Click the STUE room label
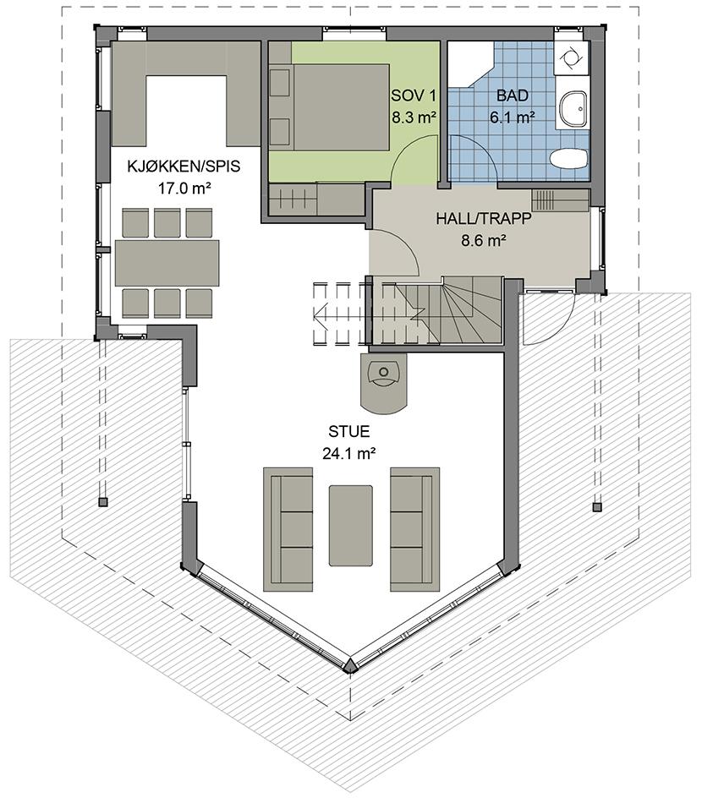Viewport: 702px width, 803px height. tap(349, 432)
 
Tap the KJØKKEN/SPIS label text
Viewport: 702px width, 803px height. tap(184, 166)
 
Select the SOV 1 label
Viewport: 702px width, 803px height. tap(414, 96)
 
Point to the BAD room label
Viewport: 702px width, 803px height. tap(513, 96)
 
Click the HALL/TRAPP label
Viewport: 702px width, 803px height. tap(484, 219)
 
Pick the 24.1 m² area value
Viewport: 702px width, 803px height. tap(350, 454)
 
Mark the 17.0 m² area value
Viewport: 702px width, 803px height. tap(184, 188)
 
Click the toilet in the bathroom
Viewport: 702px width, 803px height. tap(568, 158)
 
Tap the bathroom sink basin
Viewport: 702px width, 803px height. tap(573, 109)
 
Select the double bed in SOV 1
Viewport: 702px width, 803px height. tap(329, 107)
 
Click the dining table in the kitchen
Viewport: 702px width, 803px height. tap(167, 263)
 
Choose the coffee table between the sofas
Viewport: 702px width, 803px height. tap(351, 526)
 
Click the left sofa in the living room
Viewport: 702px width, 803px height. tap(288, 529)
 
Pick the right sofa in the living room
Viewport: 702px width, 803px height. tap(415, 529)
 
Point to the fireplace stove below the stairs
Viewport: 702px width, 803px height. tap(383, 381)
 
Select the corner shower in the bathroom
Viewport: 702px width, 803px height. tap(470, 64)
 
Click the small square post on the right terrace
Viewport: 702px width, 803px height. tap(596, 507)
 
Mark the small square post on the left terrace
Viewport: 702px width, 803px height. tap(103, 502)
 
